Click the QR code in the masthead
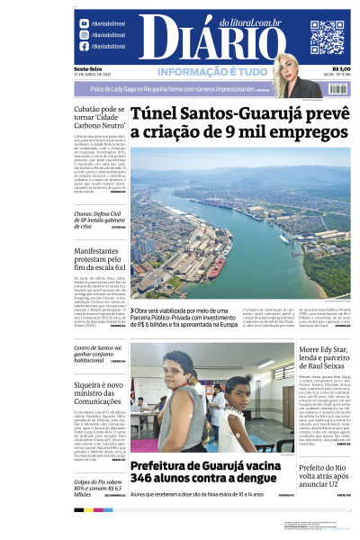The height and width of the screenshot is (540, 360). click(327, 37)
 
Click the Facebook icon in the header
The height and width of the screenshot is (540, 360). click(84, 46)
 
